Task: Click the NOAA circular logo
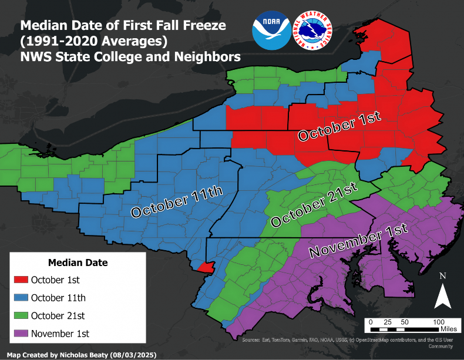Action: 271,29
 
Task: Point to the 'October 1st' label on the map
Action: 339,126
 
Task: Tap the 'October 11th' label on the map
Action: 177,203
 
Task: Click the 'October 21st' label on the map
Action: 314,206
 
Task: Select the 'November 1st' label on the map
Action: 358,241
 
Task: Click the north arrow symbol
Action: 442,295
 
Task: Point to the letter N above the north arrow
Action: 443,275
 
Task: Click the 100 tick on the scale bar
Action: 438,322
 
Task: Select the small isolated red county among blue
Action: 204,267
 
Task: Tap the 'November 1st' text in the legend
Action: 60,334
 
